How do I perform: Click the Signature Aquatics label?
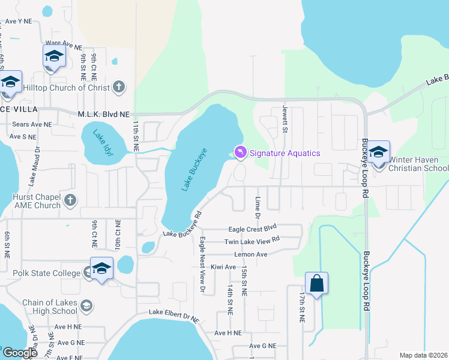[285, 153]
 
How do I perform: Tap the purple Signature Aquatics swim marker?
[240, 153]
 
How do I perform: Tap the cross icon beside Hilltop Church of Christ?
[119, 87]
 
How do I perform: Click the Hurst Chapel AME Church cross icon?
[70, 200]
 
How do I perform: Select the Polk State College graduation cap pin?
[101, 268]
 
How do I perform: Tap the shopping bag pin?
[316, 283]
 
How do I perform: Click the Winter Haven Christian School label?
[418, 164]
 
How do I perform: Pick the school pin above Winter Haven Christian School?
[378, 152]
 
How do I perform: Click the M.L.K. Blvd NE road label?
[103, 113]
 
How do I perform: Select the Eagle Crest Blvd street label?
[252, 229]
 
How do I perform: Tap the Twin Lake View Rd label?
[252, 240]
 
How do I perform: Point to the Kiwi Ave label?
[223, 266]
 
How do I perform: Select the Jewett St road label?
[286, 120]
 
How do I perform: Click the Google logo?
[20, 353]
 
